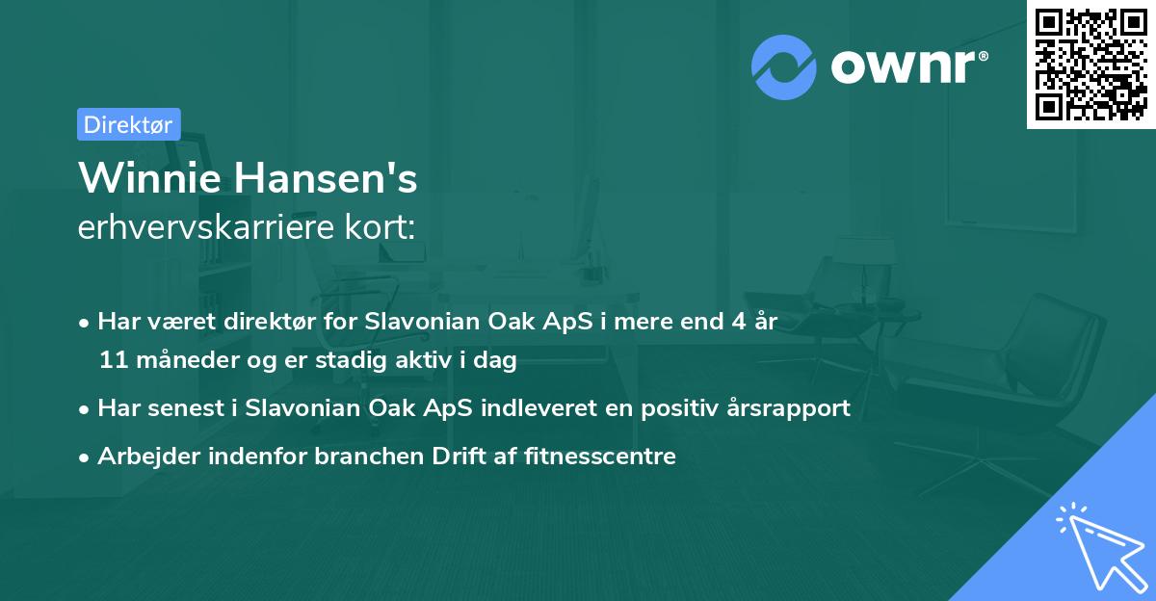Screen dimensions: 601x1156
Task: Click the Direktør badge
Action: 128,124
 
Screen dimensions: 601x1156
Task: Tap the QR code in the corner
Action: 1090,64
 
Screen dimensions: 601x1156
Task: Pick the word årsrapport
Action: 789,407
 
